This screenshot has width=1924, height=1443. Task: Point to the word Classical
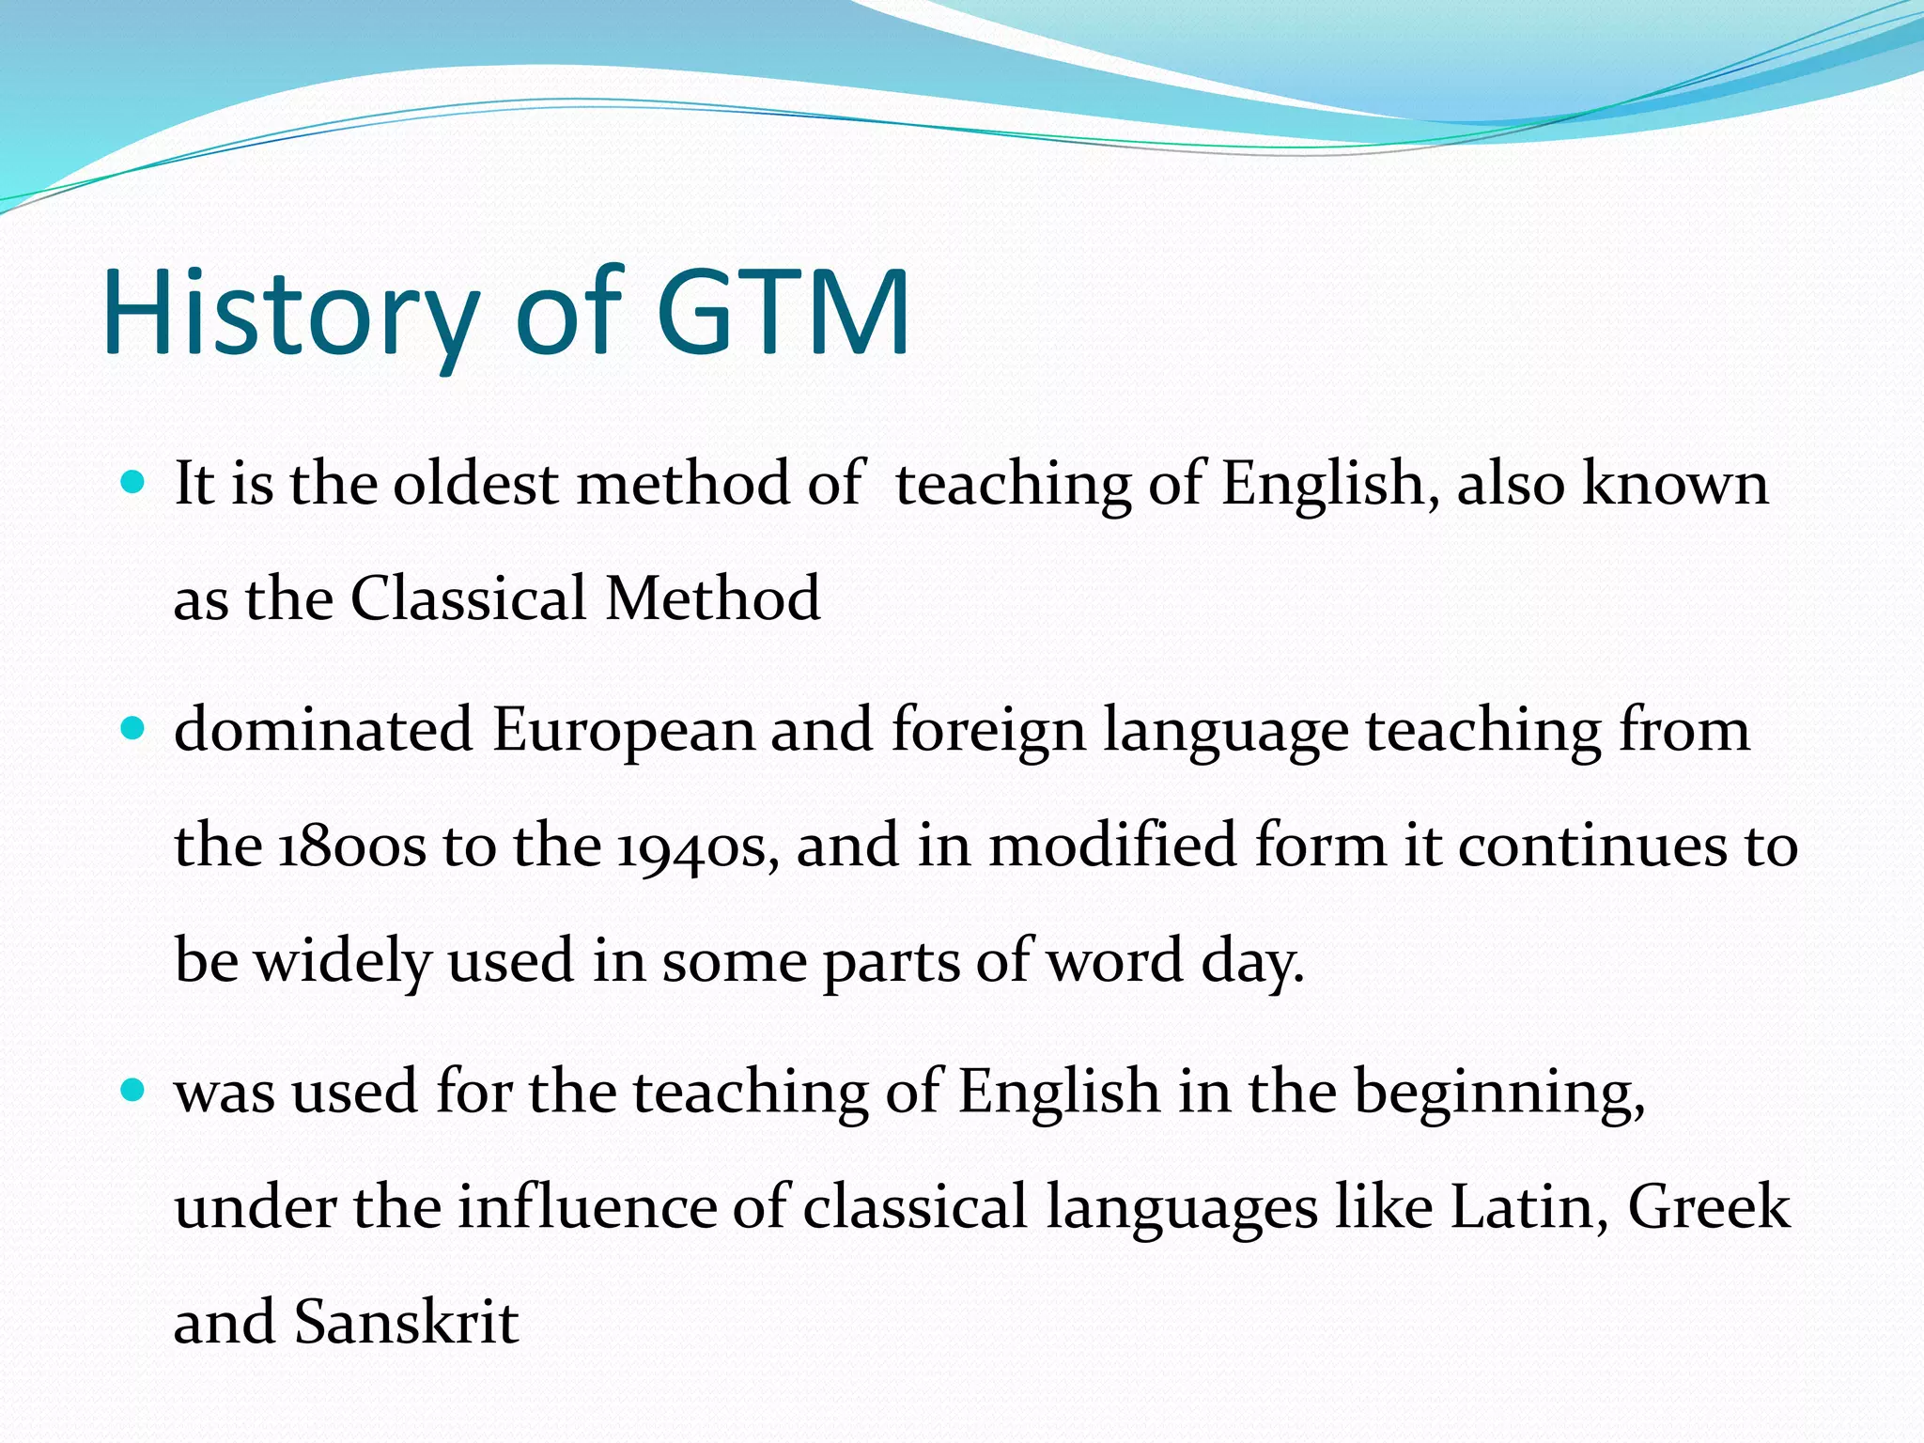point(468,599)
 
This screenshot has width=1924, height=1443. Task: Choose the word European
point(623,731)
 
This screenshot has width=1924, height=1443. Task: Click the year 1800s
point(351,846)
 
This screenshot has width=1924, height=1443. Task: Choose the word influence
point(587,1208)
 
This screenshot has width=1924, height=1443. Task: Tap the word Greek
point(1709,1208)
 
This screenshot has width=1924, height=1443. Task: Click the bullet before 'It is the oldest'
point(134,484)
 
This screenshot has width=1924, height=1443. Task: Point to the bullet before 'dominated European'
point(134,729)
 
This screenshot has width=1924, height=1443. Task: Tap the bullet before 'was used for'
point(134,1091)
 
